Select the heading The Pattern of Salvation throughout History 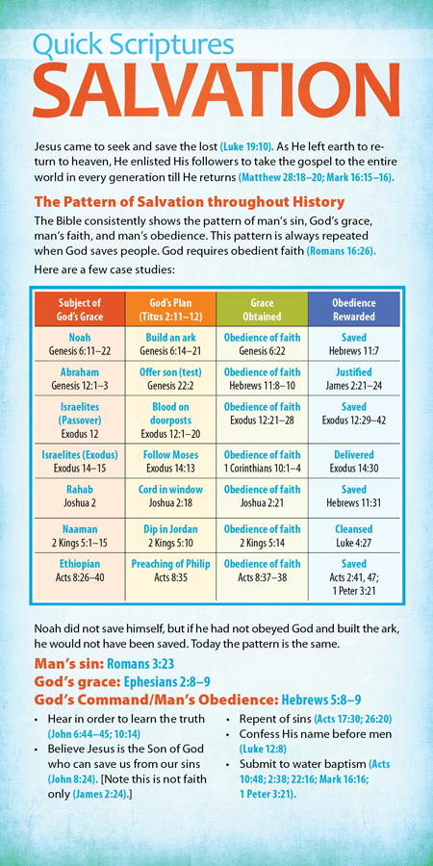coord(189,202)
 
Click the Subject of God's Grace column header coord(80,310)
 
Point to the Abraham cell coord(80,379)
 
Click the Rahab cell coord(80,496)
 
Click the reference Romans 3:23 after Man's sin coord(152,664)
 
